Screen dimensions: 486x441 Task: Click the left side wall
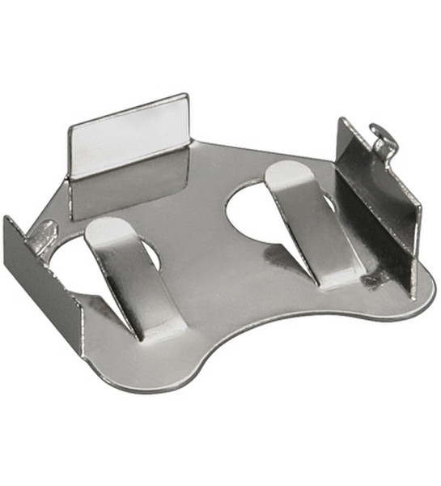click(40, 275)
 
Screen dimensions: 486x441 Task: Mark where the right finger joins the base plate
click(340, 275)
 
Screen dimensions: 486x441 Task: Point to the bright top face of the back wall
click(129, 134)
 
